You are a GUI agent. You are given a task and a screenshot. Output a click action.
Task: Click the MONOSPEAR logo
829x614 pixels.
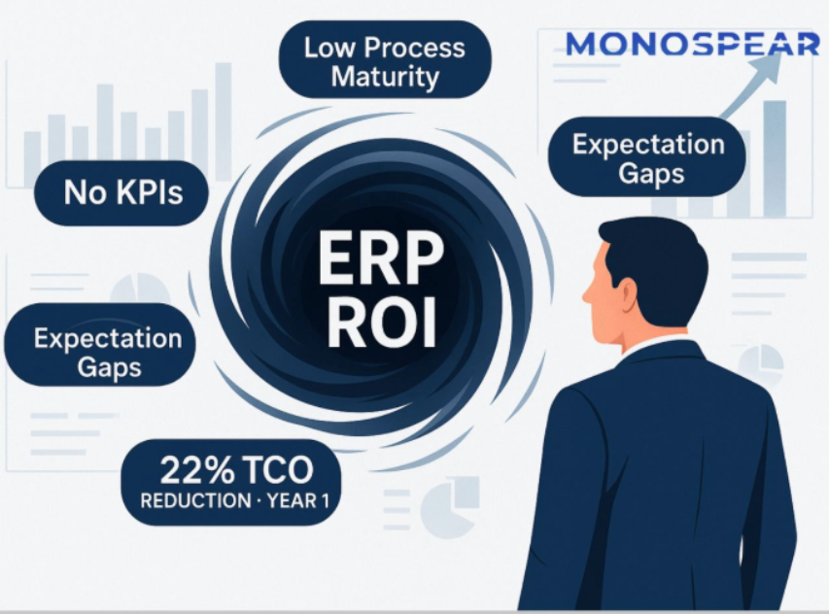point(693,44)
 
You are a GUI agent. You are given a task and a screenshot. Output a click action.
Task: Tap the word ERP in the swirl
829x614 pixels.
point(381,259)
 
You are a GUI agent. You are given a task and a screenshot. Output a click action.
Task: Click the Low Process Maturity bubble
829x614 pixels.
point(385,59)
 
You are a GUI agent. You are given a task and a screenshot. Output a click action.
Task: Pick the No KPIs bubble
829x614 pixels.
point(121,193)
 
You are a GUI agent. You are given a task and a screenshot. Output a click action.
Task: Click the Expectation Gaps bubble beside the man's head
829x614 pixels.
point(647,157)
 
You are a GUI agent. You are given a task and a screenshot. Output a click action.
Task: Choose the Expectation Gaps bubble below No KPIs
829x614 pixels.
point(100,345)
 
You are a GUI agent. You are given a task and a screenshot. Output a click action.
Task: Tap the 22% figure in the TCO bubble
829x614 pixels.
point(196,470)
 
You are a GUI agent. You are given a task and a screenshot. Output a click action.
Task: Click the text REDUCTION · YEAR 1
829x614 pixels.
point(235,500)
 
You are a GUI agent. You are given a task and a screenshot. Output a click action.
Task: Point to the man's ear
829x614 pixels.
point(628,297)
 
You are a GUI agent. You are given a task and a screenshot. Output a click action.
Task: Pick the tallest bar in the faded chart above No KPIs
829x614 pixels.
point(224,122)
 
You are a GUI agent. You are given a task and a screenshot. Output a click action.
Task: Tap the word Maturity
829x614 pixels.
point(385,78)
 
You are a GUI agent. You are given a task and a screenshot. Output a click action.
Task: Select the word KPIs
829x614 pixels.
point(150,191)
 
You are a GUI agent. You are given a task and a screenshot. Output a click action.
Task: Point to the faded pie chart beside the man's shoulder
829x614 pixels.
point(760,363)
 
